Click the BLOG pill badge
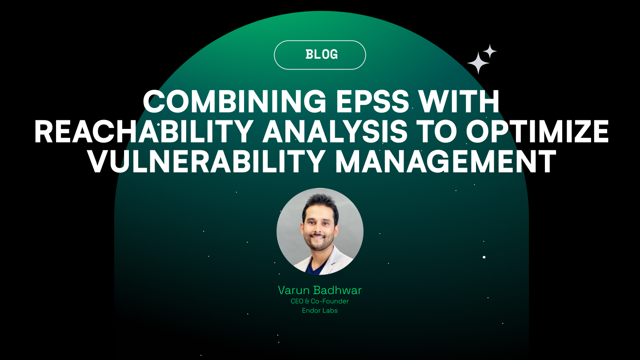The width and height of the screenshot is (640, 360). coord(320,55)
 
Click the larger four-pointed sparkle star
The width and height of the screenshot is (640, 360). coord(478,63)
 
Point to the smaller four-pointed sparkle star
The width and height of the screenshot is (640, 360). coord(490,51)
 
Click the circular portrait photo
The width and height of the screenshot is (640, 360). coord(320,231)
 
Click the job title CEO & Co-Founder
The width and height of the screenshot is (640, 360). coord(320,301)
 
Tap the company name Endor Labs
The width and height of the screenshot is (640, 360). coord(320,311)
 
